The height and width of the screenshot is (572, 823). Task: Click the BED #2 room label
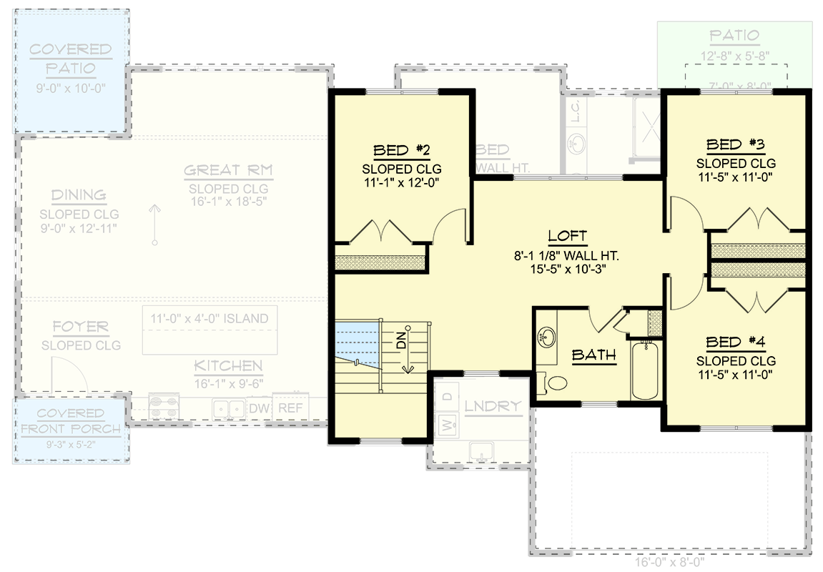tap(401, 150)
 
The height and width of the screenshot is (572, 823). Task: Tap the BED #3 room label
tap(736, 145)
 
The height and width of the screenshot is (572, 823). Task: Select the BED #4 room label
tap(736, 342)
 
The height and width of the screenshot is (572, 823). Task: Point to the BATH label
tap(594, 355)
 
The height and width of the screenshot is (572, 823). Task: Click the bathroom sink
tap(548, 335)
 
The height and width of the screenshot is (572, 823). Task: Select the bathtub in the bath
tap(645, 370)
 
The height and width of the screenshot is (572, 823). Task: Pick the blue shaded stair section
tap(357, 341)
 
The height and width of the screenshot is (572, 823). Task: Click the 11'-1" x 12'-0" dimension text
tap(401, 182)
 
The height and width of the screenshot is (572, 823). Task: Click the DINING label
tap(79, 195)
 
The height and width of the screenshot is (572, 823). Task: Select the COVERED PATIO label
tap(71, 59)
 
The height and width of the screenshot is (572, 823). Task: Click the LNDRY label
tap(493, 406)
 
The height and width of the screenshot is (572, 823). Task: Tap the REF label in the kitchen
tap(290, 408)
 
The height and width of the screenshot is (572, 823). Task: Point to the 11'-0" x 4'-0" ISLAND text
tap(210, 319)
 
